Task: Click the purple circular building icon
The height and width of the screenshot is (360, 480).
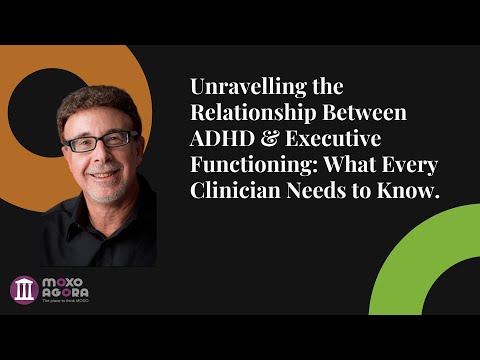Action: click(x=23, y=290)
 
